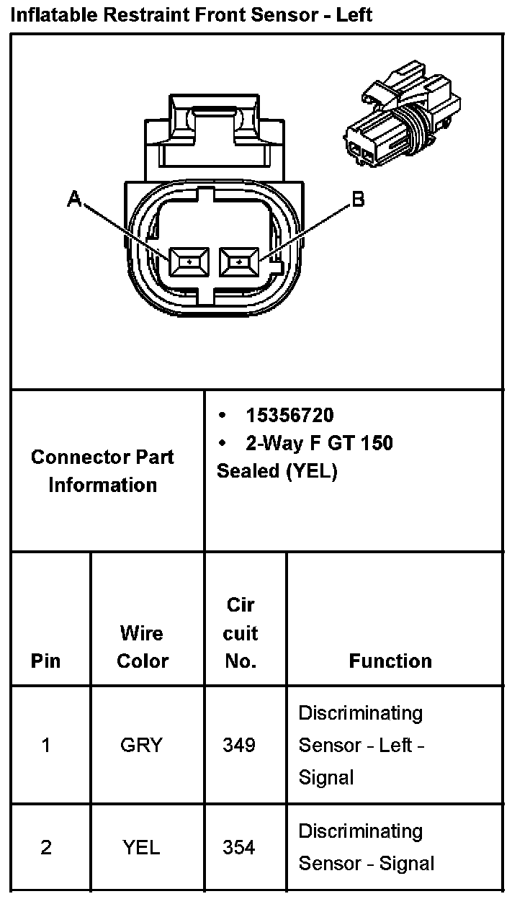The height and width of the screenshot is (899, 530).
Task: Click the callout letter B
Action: point(357,200)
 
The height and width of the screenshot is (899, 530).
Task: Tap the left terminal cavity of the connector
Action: point(189,262)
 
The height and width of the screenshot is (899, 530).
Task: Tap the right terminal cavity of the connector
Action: point(239,262)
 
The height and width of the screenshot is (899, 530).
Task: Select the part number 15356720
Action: point(289,415)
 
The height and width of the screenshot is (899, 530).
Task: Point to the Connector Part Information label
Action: point(102,470)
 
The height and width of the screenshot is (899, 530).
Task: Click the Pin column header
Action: point(46,661)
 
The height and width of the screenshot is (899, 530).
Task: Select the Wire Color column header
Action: point(143,647)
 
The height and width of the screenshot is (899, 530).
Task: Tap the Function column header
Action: point(390,661)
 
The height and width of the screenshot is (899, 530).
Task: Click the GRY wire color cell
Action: point(141,745)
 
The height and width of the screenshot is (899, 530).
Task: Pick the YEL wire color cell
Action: point(141,847)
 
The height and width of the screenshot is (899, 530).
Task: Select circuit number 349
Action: point(238,745)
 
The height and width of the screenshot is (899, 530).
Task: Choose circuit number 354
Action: point(238,847)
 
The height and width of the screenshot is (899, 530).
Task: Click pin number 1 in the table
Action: point(46,745)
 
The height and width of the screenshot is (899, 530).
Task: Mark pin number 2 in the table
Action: point(46,847)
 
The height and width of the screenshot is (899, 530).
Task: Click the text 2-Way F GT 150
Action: point(319,442)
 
